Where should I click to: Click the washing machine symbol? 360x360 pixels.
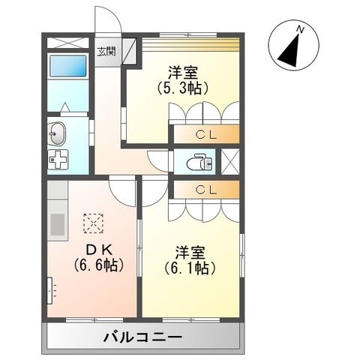click(x=58, y=160)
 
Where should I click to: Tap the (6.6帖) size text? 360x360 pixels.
click(x=98, y=266)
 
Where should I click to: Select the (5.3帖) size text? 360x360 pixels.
click(x=182, y=88)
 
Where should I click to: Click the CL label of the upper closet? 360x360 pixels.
click(x=205, y=135)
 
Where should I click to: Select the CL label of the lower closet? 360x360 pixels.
click(x=205, y=190)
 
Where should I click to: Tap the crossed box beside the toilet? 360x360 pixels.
click(x=230, y=160)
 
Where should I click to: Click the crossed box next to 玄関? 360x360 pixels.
click(x=130, y=52)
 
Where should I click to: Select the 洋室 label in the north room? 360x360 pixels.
click(x=182, y=72)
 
